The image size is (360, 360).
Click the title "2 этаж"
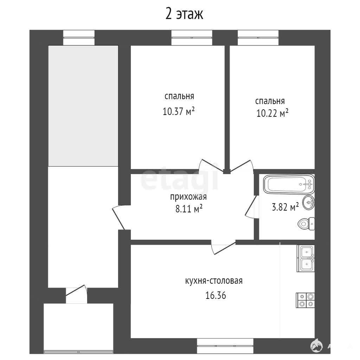point(184,14)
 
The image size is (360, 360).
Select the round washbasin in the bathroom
point(309,202)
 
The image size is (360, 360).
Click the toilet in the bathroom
point(306,223)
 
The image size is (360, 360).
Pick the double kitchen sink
point(306,258)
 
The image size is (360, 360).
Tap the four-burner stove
point(306,300)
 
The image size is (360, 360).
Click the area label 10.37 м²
point(179,111)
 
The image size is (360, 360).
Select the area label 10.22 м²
point(272,113)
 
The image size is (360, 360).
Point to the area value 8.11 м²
point(189,209)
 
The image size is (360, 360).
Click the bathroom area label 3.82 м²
point(285,207)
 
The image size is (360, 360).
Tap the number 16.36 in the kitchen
point(216,295)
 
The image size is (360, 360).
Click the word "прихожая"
point(188,197)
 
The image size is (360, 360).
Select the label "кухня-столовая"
point(214,281)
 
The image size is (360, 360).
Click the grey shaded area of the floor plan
point(83,106)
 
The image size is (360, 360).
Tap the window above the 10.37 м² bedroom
point(192,38)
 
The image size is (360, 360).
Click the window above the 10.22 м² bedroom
point(258,38)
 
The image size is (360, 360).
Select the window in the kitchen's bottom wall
point(225,346)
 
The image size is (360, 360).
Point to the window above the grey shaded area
point(79,38)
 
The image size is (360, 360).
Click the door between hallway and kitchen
point(223,246)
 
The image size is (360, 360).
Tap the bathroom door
point(252,206)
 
